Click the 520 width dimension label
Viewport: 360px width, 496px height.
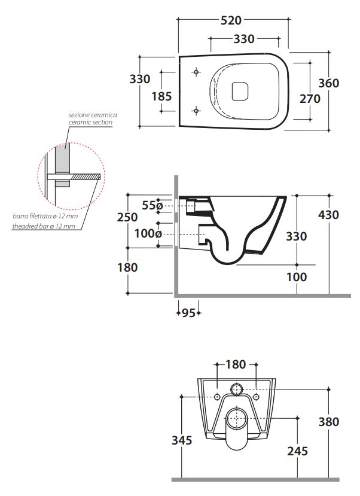click(x=231, y=20)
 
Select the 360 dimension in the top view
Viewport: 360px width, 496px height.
click(x=328, y=83)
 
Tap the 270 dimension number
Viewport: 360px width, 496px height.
click(x=310, y=99)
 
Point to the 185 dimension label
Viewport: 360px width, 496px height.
click(x=161, y=96)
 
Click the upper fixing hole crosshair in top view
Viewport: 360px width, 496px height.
click(x=197, y=72)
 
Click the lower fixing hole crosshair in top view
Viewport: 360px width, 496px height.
click(x=197, y=111)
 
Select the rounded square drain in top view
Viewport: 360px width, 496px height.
click(x=240, y=92)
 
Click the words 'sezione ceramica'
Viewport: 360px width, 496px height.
click(x=93, y=115)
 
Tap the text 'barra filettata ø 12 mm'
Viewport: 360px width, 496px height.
click(x=45, y=217)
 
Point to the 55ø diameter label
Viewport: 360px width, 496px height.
click(x=152, y=205)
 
